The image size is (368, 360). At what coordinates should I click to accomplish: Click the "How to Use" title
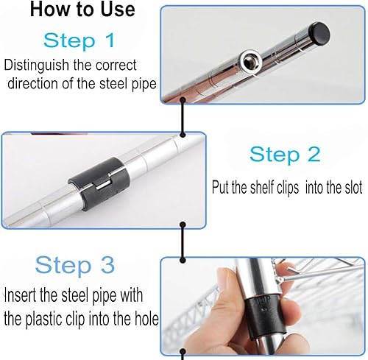[x=82, y=10]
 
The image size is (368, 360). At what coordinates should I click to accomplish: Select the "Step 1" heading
[x=79, y=40]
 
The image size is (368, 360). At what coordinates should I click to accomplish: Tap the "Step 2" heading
[x=285, y=155]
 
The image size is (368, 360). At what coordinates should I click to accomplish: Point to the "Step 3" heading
[x=75, y=265]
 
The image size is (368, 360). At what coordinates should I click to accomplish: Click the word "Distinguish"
[x=37, y=66]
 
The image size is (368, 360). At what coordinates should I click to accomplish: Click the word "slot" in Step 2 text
[x=353, y=188]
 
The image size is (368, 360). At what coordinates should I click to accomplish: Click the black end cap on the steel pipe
[x=319, y=34]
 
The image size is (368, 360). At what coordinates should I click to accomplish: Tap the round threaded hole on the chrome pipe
[x=250, y=60]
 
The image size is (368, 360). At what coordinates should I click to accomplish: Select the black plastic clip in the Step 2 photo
[x=99, y=184]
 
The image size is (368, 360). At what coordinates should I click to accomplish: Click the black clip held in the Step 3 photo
[x=264, y=315]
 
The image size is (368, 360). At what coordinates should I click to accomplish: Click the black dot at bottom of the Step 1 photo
[x=183, y=100]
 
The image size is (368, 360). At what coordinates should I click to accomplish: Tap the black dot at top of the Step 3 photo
[x=183, y=260]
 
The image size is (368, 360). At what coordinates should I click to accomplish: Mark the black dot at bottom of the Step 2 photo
[x=183, y=225]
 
